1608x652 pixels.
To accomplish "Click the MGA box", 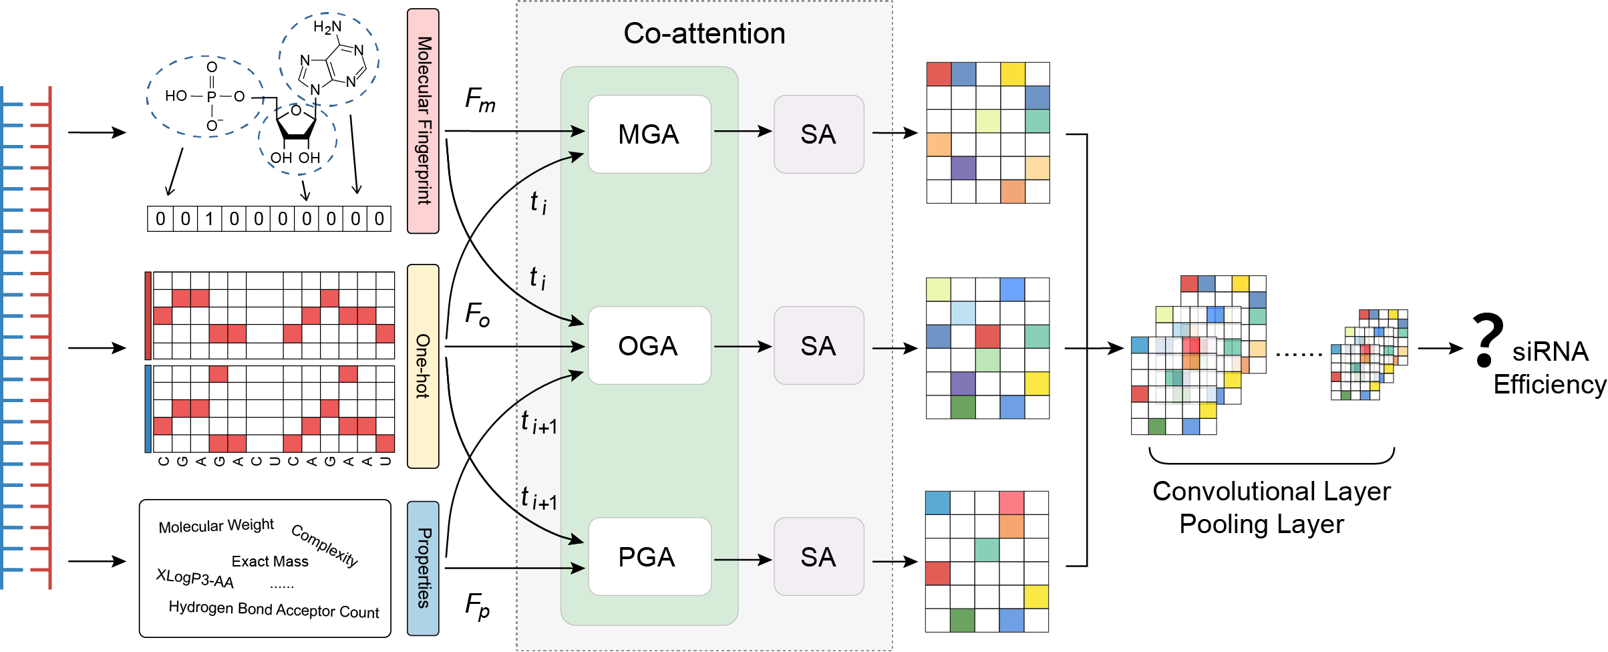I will (649, 134).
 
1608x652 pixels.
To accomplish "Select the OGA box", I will (649, 345).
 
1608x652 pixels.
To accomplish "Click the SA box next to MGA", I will (818, 134).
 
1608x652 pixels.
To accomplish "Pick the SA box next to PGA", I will (818, 556).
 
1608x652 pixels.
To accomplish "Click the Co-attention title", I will (704, 33).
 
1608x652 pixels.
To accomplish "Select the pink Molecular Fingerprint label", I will (423, 121).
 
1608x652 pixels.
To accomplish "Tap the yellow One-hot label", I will (423, 366).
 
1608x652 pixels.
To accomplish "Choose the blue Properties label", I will (423, 568).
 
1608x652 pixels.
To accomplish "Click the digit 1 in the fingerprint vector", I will (209, 218).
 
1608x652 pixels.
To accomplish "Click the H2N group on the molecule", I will (327, 27).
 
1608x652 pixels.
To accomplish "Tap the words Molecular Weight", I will (216, 526).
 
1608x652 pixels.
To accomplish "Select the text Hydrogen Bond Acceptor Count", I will (273, 609).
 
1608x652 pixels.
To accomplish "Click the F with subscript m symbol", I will (480, 100).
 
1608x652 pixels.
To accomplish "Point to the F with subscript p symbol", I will (477, 606).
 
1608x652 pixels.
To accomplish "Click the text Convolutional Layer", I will (1271, 492).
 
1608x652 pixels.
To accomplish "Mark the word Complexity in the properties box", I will (325, 545).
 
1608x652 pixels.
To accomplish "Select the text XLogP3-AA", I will (194, 579).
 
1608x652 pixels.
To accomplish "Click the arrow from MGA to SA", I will (742, 132).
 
